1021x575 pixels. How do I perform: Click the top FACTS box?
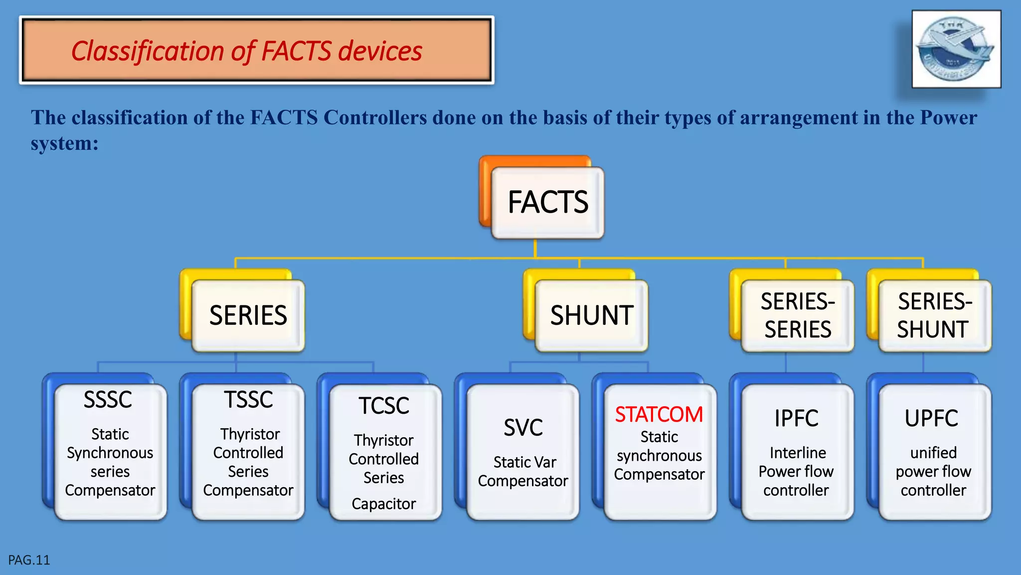pyautogui.click(x=547, y=202)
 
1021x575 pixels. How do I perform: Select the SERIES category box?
pyautogui.click(x=248, y=315)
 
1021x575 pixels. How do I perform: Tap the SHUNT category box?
pyautogui.click(x=591, y=315)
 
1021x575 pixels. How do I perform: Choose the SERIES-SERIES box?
pyautogui.click(x=798, y=315)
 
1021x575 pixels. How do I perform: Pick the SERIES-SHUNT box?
pyautogui.click(x=935, y=315)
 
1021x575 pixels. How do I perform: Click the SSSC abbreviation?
pyautogui.click(x=108, y=400)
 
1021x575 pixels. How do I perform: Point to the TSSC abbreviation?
pyautogui.click(x=248, y=400)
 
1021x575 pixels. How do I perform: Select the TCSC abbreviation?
pyautogui.click(x=384, y=406)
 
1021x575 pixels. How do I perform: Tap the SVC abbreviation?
pyautogui.click(x=523, y=428)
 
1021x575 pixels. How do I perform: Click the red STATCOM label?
pyautogui.click(x=659, y=415)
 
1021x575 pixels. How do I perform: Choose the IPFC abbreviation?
pyautogui.click(x=796, y=418)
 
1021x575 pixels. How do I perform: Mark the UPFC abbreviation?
pyautogui.click(x=931, y=418)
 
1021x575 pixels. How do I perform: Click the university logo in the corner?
pyautogui.click(x=956, y=49)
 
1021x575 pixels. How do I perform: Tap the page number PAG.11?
pyautogui.click(x=29, y=560)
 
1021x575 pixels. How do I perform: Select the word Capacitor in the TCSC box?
pyautogui.click(x=383, y=504)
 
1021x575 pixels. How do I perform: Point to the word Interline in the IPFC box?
pyautogui.click(x=798, y=453)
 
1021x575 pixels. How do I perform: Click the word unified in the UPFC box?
pyautogui.click(x=933, y=453)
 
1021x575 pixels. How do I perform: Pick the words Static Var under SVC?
pyautogui.click(x=524, y=462)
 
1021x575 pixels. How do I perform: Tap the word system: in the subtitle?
pyautogui.click(x=64, y=143)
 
